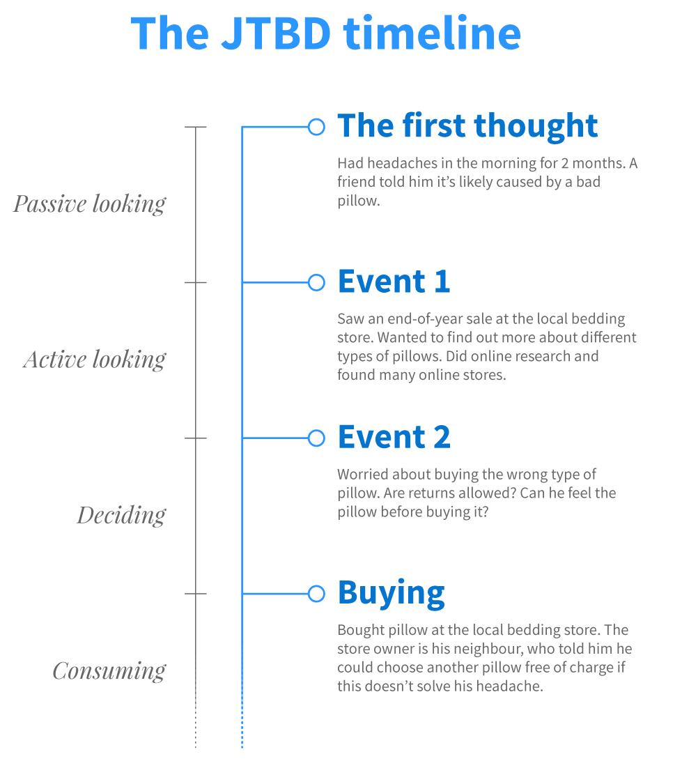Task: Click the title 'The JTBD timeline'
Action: coord(325,32)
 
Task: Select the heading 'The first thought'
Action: coord(467,126)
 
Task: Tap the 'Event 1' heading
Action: coord(394,282)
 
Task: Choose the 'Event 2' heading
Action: coord(394,437)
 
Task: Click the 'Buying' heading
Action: coord(391,593)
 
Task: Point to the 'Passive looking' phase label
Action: coord(90,204)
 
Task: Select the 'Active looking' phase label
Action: coord(95,360)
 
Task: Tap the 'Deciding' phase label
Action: coord(121,516)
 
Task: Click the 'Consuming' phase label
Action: coord(109,671)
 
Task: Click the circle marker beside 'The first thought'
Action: coord(316,127)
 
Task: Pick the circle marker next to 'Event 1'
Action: coord(316,282)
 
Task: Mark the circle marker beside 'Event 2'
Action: coord(316,438)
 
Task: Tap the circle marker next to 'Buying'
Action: coord(316,594)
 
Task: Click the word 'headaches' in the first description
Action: coord(401,164)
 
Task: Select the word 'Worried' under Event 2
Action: coord(363,475)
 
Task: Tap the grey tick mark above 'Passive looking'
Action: coord(196,128)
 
